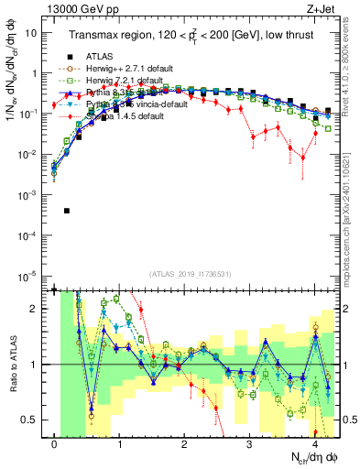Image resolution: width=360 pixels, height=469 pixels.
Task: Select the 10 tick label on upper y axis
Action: [34, 32]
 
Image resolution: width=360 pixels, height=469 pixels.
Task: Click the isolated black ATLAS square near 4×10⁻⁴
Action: [67, 211]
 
